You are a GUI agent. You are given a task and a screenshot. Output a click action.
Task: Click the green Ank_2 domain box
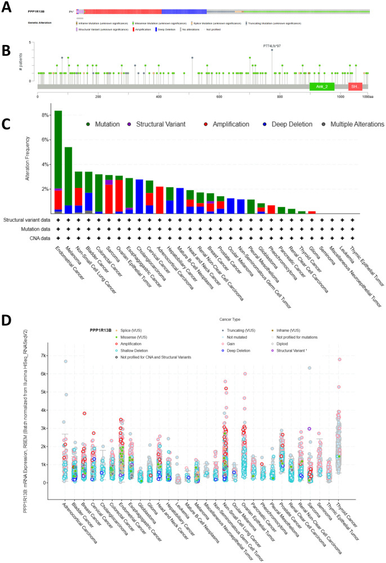coord(322,87)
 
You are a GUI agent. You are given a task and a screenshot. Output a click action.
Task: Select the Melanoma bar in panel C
coord(68,180)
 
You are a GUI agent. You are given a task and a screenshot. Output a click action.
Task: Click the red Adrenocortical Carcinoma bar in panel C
coord(159,200)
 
